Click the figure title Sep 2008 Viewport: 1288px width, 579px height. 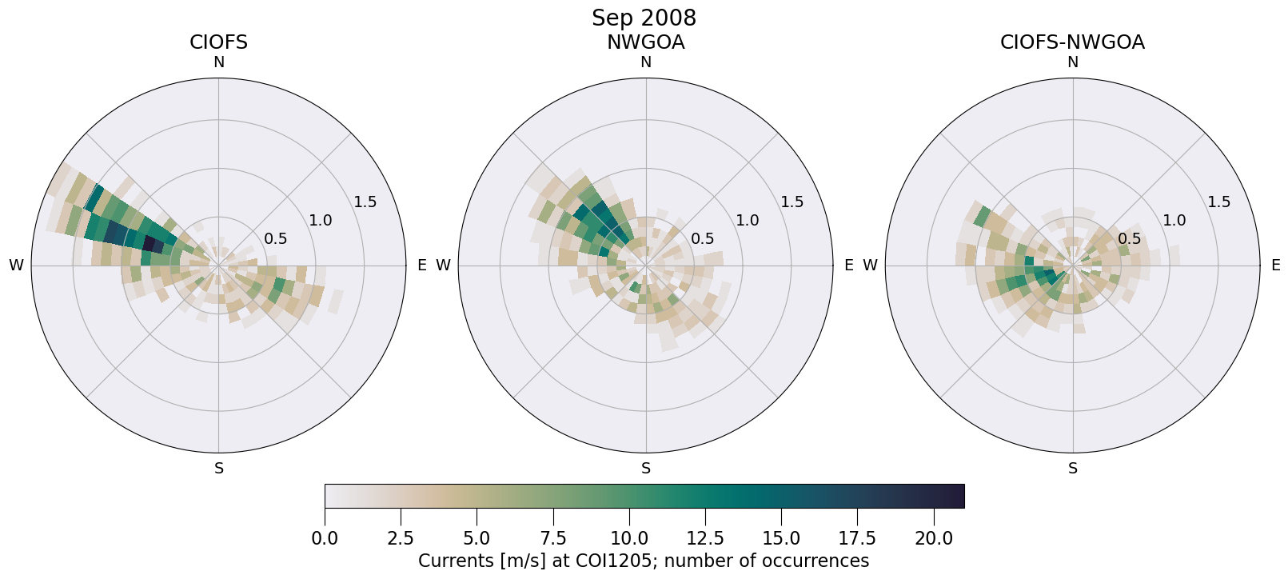[x=644, y=18]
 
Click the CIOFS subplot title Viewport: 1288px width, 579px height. [x=218, y=42]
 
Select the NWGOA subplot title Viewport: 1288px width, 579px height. [x=645, y=42]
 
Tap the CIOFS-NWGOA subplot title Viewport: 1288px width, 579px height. [x=1072, y=42]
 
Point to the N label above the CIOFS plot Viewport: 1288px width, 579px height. [x=218, y=62]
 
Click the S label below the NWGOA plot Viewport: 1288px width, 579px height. [x=646, y=469]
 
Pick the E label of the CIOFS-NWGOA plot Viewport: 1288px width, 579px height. [x=1276, y=266]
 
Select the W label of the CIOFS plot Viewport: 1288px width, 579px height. [x=16, y=266]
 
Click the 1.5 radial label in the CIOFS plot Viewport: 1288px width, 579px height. [x=365, y=202]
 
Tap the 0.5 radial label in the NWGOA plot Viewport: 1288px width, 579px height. [x=702, y=238]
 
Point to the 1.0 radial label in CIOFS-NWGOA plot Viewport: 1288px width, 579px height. [x=1174, y=220]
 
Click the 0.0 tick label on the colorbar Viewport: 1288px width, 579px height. [x=325, y=538]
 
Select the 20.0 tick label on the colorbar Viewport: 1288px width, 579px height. [x=934, y=538]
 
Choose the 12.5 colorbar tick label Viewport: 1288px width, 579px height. [x=705, y=538]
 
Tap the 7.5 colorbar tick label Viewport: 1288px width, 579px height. [x=553, y=538]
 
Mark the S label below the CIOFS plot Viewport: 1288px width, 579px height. [x=219, y=469]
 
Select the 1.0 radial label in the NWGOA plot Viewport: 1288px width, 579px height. [x=747, y=220]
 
